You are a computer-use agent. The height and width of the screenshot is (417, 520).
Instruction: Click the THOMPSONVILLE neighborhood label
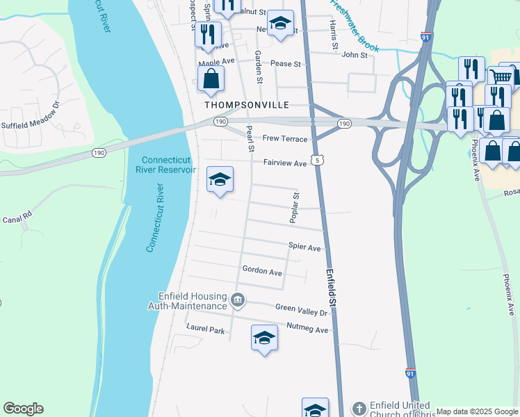click(x=246, y=105)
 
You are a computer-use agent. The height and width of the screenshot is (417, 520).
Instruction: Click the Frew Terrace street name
click(x=285, y=139)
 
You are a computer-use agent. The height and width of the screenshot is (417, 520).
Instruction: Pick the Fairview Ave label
click(x=284, y=163)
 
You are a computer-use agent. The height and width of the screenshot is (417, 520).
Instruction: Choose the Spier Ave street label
click(x=304, y=247)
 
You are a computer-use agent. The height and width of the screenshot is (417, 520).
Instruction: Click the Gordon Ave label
click(x=261, y=270)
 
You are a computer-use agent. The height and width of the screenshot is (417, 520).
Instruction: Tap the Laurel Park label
click(x=205, y=330)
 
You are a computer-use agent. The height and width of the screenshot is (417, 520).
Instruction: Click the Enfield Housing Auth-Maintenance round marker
click(x=238, y=300)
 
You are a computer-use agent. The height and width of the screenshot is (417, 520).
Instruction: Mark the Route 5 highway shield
click(x=316, y=160)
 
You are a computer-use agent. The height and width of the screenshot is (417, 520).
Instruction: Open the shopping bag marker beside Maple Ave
click(x=211, y=79)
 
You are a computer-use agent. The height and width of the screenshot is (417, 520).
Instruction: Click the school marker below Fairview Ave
click(x=219, y=181)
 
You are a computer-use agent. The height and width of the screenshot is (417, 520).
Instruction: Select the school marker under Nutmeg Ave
click(x=263, y=338)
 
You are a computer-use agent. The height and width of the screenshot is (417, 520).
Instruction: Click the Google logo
click(x=23, y=409)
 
